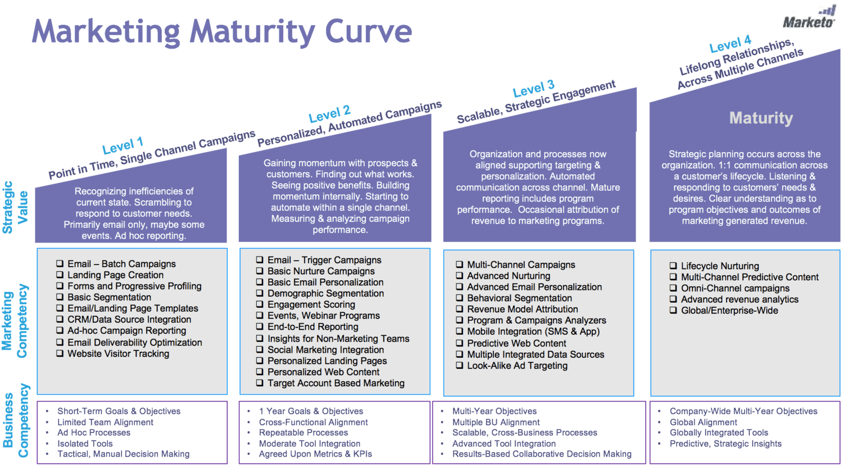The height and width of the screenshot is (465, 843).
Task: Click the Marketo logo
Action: (x=809, y=19)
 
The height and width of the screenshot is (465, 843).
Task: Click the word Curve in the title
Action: (x=368, y=31)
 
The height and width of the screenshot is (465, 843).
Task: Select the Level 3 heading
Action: (x=533, y=89)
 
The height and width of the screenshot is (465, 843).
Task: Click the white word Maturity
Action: (x=761, y=118)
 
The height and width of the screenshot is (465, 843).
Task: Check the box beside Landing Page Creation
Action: (x=60, y=275)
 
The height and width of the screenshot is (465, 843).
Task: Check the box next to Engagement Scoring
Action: (x=260, y=304)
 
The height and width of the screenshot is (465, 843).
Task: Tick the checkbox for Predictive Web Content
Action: (x=460, y=343)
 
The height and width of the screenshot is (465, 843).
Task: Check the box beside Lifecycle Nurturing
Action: (x=673, y=266)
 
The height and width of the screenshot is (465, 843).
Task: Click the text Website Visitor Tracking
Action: (x=118, y=354)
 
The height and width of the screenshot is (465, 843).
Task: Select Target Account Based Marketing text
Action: (x=336, y=383)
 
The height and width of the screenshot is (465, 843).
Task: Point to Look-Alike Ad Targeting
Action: (x=517, y=366)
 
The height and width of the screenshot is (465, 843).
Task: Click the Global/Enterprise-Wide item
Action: (x=729, y=311)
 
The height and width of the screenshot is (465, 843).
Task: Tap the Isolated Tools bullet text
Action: (x=85, y=444)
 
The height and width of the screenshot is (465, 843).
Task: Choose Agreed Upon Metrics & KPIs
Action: (x=315, y=454)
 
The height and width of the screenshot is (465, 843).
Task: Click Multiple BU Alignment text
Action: (x=496, y=422)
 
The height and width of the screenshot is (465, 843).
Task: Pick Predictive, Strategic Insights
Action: (x=726, y=444)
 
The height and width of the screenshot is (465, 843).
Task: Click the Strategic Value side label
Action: (x=15, y=207)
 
